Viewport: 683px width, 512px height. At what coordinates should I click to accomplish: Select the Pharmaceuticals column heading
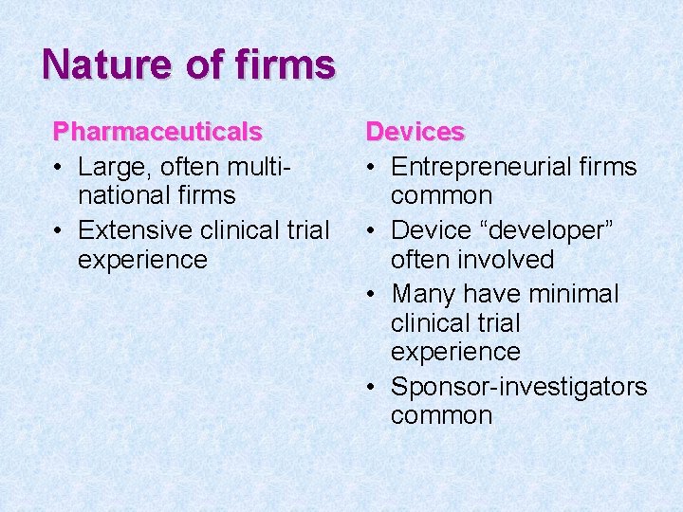pos(157,132)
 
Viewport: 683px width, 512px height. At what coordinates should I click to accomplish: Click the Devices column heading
pos(415,132)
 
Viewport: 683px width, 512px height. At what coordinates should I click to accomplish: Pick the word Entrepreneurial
pos(483,168)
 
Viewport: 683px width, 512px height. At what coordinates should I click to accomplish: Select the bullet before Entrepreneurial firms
pos(372,168)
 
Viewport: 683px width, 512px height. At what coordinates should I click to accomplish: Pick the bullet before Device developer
pos(372,230)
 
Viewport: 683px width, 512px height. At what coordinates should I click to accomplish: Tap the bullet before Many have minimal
pos(372,294)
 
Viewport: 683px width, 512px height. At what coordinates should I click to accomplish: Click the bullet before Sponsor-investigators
pos(372,387)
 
